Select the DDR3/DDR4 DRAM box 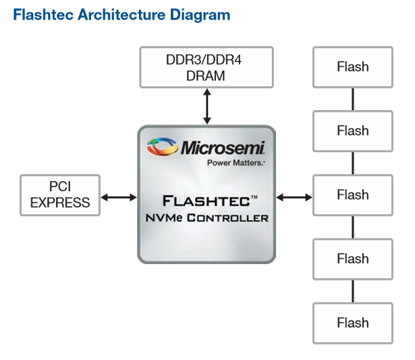coord(206,68)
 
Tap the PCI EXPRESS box coord(60,195)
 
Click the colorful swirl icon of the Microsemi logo coord(162,147)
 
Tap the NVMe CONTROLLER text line coord(206,217)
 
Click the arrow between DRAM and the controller coord(206,106)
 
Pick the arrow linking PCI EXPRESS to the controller coord(119,197)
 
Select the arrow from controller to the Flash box coord(294,197)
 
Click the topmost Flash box coord(352,67)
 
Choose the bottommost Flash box coord(352,323)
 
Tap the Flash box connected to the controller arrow coord(352,195)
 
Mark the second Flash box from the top coord(352,131)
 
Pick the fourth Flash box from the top coord(352,259)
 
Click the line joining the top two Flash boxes coord(352,99)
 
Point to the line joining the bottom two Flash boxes coord(352,291)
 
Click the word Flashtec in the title coord(43,14)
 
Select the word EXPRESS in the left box coord(60,202)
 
